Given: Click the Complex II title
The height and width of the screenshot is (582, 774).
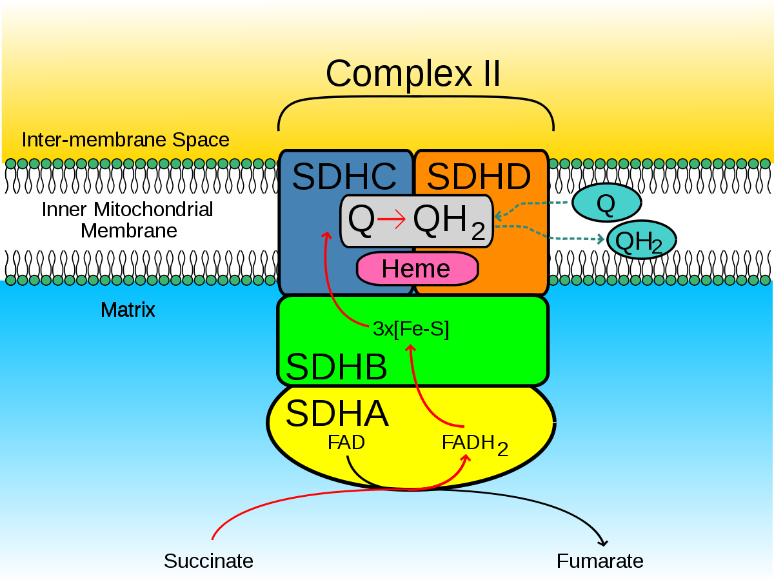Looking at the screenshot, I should click(x=413, y=74).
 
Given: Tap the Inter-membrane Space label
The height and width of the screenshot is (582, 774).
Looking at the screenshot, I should click(x=125, y=140).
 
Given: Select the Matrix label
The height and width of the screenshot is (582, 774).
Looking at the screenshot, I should click(x=128, y=310).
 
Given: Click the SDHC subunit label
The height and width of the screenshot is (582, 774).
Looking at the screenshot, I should click(x=344, y=177).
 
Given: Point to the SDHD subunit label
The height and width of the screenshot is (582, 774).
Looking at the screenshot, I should click(x=479, y=177).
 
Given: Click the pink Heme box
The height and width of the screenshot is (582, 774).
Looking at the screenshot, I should click(x=417, y=268).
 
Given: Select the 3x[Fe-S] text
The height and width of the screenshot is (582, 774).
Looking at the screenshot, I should click(x=411, y=330).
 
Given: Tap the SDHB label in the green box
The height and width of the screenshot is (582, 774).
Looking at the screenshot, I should click(x=336, y=367).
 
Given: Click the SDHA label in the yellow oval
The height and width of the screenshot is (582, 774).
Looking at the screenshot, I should click(x=337, y=414).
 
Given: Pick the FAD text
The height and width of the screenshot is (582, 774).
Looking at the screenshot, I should click(x=346, y=443).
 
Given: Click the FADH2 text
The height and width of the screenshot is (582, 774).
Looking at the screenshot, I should click(x=475, y=445).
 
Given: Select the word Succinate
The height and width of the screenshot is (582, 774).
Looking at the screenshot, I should click(x=208, y=561).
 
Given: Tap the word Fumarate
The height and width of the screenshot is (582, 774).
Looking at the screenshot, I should click(x=600, y=561).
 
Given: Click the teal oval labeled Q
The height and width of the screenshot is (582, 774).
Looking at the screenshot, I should click(x=606, y=203).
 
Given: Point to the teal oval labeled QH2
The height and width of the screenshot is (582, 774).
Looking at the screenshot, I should click(x=640, y=241).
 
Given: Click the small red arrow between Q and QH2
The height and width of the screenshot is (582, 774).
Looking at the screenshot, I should click(x=392, y=221).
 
